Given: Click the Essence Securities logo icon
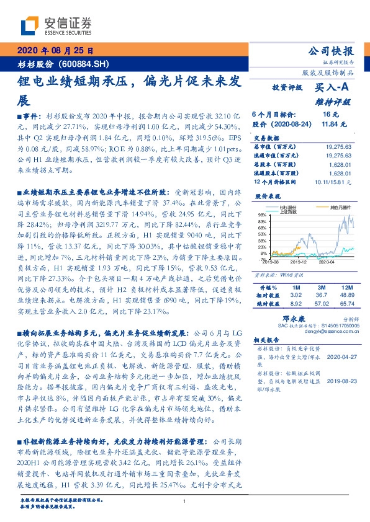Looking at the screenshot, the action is coord(28,25).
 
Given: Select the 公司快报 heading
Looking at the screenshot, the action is coord(332,51).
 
